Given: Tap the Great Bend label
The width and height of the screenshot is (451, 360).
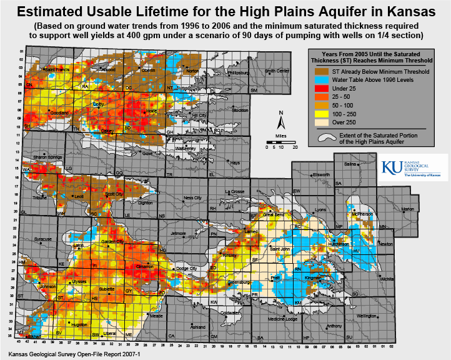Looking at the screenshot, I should tap(273, 214).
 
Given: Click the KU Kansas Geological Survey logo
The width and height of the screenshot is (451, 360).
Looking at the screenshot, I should tap(412, 167).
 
